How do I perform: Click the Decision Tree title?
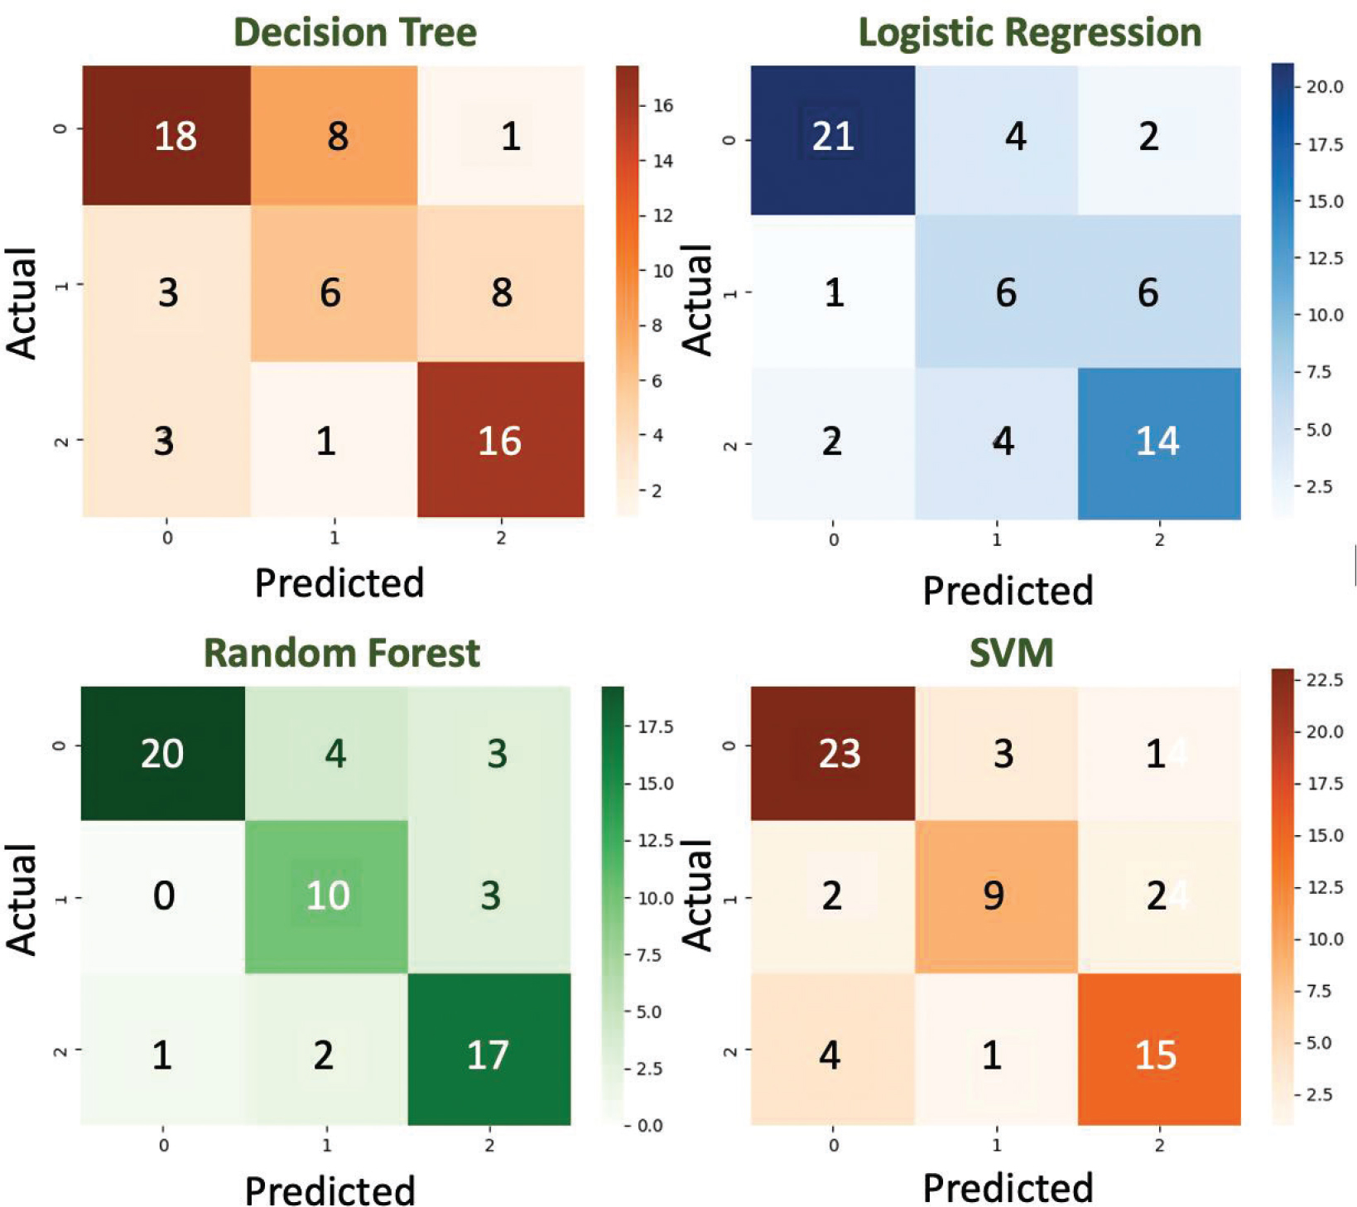(x=354, y=33)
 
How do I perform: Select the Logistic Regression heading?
(x=1029, y=33)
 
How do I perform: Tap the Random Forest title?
(x=341, y=653)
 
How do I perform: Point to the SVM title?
(x=1011, y=653)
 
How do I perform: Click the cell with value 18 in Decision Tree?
(x=175, y=136)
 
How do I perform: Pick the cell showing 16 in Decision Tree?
(x=499, y=441)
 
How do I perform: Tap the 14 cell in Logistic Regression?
(x=1157, y=441)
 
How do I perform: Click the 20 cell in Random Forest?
(x=161, y=753)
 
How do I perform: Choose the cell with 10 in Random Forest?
(x=328, y=896)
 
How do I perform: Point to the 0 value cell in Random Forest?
(x=163, y=896)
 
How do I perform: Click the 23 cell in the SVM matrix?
(x=839, y=753)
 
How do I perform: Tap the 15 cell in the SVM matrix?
(x=1155, y=1055)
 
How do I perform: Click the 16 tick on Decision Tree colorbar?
(x=662, y=105)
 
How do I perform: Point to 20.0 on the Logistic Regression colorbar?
(x=1325, y=86)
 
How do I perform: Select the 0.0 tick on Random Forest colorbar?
(x=650, y=1125)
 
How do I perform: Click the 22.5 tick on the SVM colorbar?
(x=1325, y=680)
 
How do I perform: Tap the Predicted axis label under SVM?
(x=1008, y=1187)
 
